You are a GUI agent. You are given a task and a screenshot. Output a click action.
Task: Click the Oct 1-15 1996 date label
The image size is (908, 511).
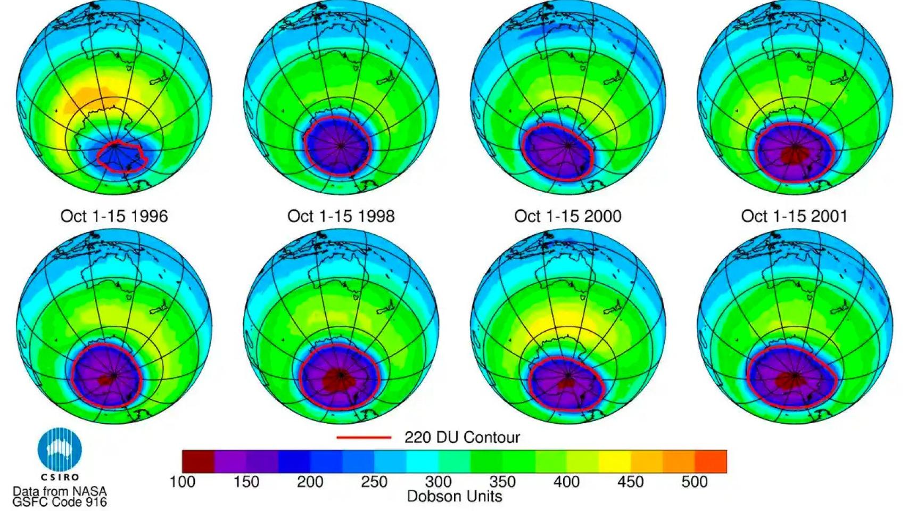114,216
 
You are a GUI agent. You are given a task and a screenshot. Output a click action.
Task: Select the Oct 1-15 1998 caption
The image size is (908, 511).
341,216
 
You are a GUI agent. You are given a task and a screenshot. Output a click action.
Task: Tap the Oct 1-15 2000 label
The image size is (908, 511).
567,216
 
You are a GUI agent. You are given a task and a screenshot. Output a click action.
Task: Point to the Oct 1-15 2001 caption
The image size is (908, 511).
794,216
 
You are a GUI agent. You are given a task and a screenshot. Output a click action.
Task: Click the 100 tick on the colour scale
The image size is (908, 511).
182,482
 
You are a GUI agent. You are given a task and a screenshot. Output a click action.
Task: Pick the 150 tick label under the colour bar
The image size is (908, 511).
246,482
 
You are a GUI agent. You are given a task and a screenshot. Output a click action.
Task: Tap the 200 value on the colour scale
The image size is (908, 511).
310,482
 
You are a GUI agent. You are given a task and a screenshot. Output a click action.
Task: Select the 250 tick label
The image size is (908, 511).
374,482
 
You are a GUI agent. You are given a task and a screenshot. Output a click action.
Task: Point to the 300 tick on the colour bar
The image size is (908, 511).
438,482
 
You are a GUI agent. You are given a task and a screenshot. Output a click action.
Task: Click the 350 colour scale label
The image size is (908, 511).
502,482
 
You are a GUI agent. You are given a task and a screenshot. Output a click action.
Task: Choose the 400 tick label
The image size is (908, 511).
566,482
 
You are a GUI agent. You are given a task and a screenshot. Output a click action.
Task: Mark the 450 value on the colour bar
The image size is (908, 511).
631,482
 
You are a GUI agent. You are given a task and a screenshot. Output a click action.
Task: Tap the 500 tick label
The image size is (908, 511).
695,482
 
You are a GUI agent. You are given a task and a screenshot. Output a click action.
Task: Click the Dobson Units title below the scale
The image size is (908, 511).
455,497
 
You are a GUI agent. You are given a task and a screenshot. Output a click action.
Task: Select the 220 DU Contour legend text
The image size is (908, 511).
462,438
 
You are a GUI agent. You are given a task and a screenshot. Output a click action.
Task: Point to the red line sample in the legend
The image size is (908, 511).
364,438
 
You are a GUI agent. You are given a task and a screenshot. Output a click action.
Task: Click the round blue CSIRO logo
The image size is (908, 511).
60,450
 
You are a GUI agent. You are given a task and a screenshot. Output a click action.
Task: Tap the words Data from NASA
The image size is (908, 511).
60,491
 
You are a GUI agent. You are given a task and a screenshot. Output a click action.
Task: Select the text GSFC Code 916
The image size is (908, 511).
60,501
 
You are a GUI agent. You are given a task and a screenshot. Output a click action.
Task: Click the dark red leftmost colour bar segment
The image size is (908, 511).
198,461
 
